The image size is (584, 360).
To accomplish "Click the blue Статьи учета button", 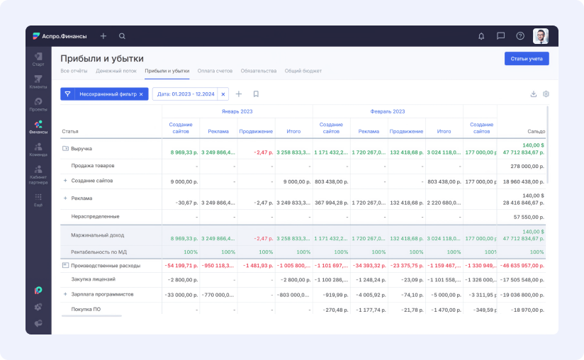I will [526, 59].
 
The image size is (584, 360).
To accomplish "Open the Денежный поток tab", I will [116, 71].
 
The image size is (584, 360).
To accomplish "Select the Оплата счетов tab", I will [215, 71].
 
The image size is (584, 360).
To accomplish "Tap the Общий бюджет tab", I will [303, 71].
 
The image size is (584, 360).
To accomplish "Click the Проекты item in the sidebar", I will [38, 105].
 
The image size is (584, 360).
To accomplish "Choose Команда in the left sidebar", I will [38, 150].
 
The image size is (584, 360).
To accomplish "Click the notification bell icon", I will [481, 36].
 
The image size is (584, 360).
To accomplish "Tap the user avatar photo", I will [540, 36].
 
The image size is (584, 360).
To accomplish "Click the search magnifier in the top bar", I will [122, 36].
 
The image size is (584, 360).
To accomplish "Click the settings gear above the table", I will [546, 94].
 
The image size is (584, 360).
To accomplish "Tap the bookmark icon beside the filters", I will [256, 94].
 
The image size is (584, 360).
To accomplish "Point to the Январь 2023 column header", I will [237, 111].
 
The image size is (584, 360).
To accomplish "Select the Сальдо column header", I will [536, 131].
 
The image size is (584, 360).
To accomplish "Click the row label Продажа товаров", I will [92, 165].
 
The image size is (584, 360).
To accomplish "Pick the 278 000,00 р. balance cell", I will [525, 165].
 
